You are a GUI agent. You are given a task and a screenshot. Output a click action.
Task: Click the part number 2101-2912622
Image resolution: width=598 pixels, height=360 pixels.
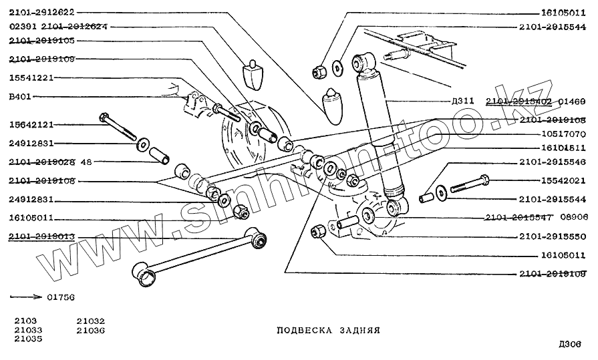coord(42,12)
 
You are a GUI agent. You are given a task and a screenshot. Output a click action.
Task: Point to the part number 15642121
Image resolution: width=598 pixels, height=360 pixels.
coord(31,125)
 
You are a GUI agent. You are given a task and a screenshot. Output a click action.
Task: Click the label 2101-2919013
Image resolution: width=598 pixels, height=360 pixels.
coord(42,236)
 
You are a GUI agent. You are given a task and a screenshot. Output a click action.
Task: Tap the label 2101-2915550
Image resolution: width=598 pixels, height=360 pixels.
coord(552,236)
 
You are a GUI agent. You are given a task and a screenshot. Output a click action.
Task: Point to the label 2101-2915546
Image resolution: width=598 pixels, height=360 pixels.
coord(552,162)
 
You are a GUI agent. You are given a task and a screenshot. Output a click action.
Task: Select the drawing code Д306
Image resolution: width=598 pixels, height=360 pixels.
coord(570,344)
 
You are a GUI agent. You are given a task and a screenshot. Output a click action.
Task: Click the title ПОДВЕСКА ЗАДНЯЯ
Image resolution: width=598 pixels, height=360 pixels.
coord(328,331)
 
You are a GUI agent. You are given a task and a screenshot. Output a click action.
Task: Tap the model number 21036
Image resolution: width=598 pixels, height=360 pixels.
coord(91,331)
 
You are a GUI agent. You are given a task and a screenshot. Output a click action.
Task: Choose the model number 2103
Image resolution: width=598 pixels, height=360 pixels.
coord(25,321)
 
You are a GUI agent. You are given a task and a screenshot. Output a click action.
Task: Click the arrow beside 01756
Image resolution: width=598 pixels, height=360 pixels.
coord(25,295)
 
